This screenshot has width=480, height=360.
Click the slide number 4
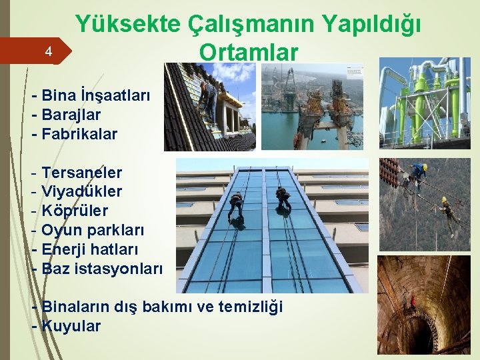(x=47, y=51)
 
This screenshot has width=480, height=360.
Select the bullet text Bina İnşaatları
(x=96, y=95)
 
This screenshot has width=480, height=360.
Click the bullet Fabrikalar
(x=79, y=134)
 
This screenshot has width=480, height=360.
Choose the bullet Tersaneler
(x=81, y=173)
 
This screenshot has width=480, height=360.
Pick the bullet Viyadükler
(x=81, y=192)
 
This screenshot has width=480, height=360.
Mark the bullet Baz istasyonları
(x=101, y=269)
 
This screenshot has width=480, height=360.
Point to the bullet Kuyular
(x=71, y=327)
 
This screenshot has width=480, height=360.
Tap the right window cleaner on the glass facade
(x=283, y=198)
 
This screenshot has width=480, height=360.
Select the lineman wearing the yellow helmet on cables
(x=418, y=175)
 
